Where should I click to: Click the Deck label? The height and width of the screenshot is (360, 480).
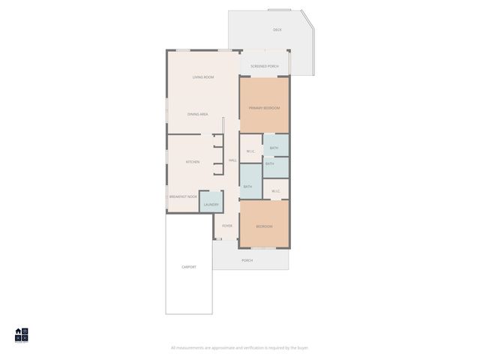pos(277,30)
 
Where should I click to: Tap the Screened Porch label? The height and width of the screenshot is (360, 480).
pos(264,66)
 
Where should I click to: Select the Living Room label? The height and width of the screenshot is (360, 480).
pos(203,77)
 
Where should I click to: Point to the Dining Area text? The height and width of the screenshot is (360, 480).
pos(197,114)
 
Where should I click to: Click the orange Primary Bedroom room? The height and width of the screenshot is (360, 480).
pos(264,107)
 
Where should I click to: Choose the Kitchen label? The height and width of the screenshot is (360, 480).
pos(193,162)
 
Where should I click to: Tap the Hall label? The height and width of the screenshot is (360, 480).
pos(232,160)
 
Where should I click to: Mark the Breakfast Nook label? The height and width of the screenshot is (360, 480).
pos(183,196)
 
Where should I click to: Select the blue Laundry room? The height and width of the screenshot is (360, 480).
pos(211,203)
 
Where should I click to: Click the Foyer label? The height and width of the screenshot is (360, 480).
pos(226,226)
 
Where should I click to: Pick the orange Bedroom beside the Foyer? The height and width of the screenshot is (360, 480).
pos(264,225)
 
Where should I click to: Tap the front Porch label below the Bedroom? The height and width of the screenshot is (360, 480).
pos(247,260)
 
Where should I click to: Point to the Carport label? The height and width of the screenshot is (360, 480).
pos(188,267)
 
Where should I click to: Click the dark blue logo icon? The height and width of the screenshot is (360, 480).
pos(21,334)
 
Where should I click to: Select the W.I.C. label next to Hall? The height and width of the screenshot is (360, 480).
pos(250,151)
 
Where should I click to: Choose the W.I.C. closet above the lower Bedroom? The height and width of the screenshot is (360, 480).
pos(275,190)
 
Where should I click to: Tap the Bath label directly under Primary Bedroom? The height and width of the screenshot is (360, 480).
pos(274,148)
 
